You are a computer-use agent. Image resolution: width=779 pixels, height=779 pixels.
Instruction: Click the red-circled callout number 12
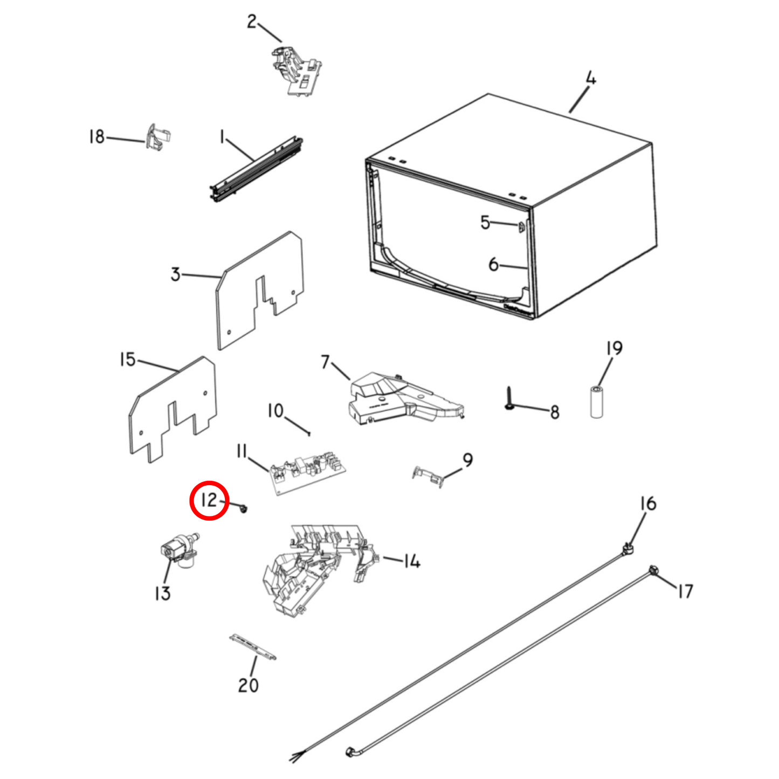tap(209, 500)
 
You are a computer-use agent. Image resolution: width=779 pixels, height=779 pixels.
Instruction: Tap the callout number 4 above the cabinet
tap(591, 79)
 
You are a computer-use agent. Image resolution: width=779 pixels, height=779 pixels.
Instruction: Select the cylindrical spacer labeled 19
tap(597, 401)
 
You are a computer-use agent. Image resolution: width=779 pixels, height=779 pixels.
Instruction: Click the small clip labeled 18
tap(158, 138)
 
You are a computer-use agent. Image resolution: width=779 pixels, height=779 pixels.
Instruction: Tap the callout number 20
tap(248, 685)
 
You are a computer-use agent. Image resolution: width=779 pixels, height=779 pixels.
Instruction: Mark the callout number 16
tap(647, 504)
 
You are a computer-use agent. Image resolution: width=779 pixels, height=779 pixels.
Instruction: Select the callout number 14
tap(412, 562)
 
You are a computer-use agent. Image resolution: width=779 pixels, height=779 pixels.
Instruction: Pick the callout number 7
tap(325, 362)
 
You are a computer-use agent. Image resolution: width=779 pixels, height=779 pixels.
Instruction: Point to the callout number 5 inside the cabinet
tap(485, 222)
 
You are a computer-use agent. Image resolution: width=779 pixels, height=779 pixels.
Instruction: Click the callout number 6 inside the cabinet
tap(493, 264)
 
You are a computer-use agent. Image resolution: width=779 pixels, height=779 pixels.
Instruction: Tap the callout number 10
tap(275, 411)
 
